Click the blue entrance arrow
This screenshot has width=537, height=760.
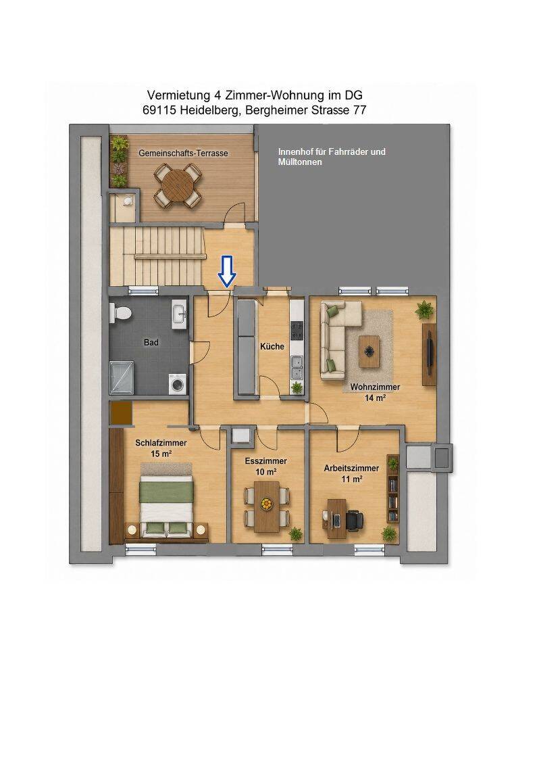(x=226, y=271)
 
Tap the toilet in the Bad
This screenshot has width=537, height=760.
(x=120, y=313)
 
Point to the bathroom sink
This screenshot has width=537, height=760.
(x=180, y=314)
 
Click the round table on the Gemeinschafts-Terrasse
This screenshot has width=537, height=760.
(x=178, y=184)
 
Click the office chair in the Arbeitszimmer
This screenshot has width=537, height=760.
(x=354, y=521)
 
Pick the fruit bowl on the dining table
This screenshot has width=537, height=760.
(x=266, y=504)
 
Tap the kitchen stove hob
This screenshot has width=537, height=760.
(x=297, y=330)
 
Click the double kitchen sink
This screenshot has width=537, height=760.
(x=297, y=367)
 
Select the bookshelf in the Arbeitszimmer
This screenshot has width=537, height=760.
(x=392, y=489)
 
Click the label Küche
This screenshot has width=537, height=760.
(x=272, y=347)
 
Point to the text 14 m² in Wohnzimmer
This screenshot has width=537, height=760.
(x=376, y=398)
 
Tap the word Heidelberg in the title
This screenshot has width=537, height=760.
(x=210, y=110)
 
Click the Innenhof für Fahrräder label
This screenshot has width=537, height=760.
(x=332, y=151)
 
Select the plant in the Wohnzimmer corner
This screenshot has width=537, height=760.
(x=424, y=309)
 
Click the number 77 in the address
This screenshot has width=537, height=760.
(x=360, y=110)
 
